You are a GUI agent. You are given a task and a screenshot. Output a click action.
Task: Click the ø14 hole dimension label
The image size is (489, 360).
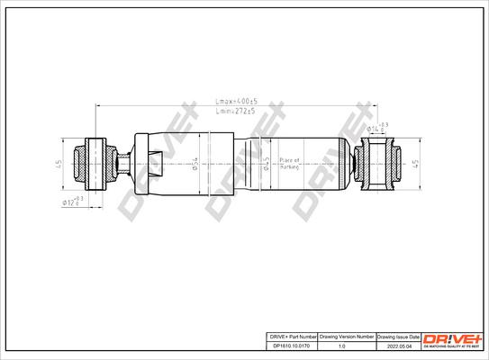pyautogui.click(x=377, y=129)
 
